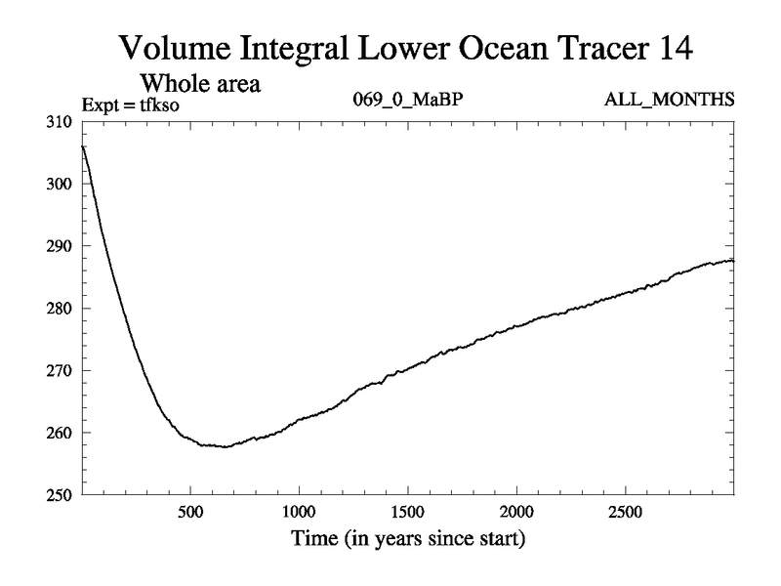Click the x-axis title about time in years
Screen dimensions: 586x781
click(407, 538)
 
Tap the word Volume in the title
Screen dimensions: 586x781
click(179, 46)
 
